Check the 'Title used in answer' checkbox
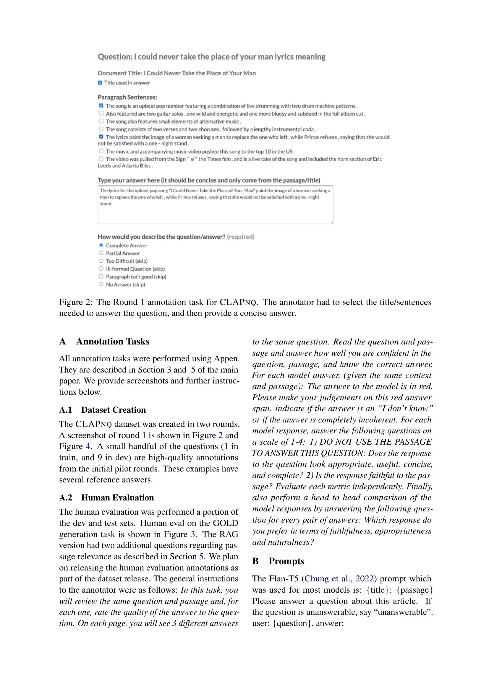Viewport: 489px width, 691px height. pos(100,83)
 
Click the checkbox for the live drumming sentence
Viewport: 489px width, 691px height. pos(101,106)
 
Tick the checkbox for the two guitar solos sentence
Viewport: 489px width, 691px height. pos(101,113)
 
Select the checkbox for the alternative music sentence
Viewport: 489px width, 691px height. pos(101,121)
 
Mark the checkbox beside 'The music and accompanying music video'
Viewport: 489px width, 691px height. pos(101,151)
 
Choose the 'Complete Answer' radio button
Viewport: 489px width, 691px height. pos(101,245)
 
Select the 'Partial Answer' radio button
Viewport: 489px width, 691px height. pos(101,253)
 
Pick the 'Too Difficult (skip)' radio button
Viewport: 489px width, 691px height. pos(101,261)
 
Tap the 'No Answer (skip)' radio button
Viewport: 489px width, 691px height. pos(101,284)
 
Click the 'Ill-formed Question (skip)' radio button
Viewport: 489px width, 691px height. pos(101,269)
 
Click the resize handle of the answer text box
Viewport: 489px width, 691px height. pos(331,222)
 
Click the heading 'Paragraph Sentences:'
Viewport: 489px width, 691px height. pos(127,97)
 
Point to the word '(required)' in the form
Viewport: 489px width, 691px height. pos(241,237)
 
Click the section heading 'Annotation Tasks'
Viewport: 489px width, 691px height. pos(113,341)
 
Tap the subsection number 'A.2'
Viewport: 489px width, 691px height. pos(66,497)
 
